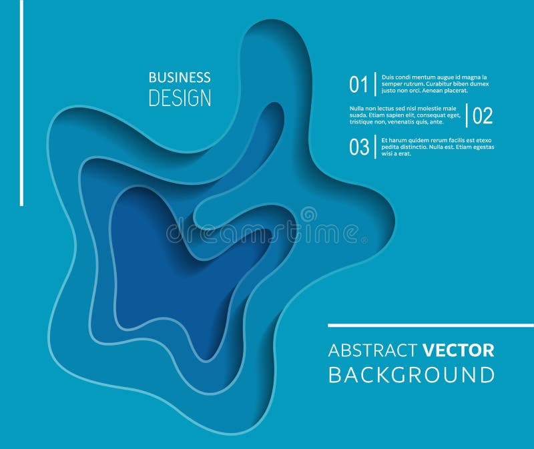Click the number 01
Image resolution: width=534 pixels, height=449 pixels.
[358, 85]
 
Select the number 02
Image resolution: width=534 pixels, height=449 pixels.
[483, 115]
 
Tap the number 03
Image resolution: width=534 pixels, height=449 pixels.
[359, 147]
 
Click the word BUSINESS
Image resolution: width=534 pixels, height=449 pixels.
[180, 77]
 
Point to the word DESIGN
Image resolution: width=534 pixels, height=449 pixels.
[180, 98]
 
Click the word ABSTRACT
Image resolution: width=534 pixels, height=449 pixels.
[372, 350]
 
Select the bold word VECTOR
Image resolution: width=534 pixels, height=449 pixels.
[458, 350]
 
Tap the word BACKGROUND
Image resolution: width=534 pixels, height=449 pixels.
[411, 374]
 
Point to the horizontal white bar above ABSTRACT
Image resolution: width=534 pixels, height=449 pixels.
[431, 326]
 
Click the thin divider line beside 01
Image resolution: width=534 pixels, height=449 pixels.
[375, 85]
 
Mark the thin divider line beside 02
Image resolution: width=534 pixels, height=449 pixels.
[467, 115]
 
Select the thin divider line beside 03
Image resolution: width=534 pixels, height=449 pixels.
[376, 147]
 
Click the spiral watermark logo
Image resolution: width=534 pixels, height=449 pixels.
[308, 215]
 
